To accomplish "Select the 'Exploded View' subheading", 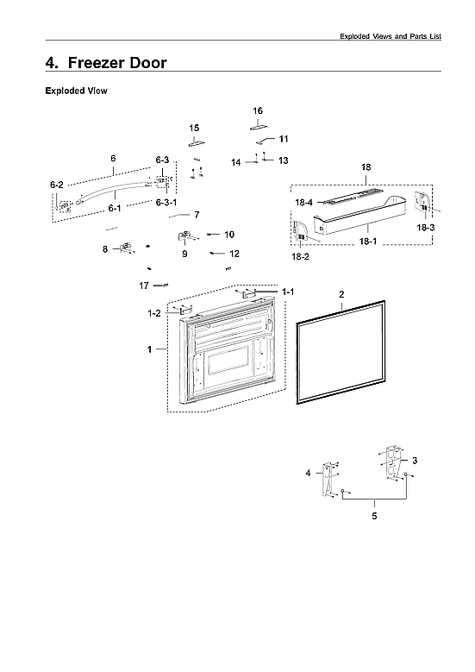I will (x=76, y=91).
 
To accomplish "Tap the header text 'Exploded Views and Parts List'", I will (x=391, y=35).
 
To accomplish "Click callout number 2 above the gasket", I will (x=341, y=295).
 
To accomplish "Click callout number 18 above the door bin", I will (x=366, y=166).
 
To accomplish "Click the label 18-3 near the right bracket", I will (x=426, y=227).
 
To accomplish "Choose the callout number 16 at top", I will (x=258, y=110).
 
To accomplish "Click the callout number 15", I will (x=194, y=128).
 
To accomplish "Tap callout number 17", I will (x=144, y=286).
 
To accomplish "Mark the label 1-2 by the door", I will (x=154, y=314).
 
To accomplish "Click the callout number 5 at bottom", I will (x=374, y=516).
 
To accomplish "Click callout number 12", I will (x=234, y=254).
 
